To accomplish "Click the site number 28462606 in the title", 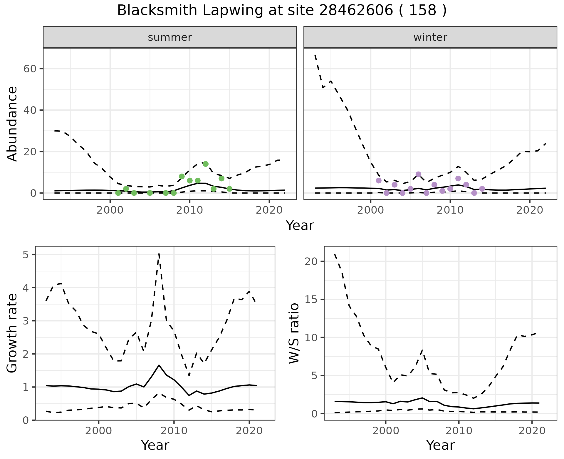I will tap(355, 11).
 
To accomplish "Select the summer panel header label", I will tap(170, 37).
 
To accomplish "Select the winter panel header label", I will tap(430, 37).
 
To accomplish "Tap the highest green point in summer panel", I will tap(206, 164).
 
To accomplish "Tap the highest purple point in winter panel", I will tap(419, 174).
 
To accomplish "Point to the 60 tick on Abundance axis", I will tap(29, 69).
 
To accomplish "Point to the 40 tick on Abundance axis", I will tap(29, 110).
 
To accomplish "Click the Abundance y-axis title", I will tap(12, 124).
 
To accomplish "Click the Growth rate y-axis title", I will tap(12, 333).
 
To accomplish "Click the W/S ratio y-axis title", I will tap(294, 333).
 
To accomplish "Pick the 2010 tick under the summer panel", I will tap(190, 210).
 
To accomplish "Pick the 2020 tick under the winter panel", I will tap(529, 210).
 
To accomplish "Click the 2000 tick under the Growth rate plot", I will tap(99, 431).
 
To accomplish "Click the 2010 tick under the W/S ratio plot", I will tap(459, 431).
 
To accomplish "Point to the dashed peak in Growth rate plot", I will tap(159, 254).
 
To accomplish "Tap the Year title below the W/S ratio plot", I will tap(440, 445).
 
